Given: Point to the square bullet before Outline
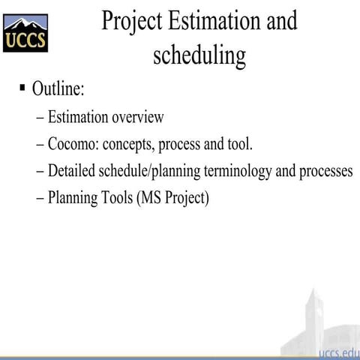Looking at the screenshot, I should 23,88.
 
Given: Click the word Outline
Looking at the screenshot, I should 58,89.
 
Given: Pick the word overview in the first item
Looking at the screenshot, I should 138,117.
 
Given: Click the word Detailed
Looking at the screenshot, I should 72,171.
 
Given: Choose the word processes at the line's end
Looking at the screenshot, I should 325,172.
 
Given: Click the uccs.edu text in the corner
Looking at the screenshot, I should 338,352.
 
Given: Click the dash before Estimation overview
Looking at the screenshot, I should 40,118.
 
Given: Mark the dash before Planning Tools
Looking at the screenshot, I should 40,199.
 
